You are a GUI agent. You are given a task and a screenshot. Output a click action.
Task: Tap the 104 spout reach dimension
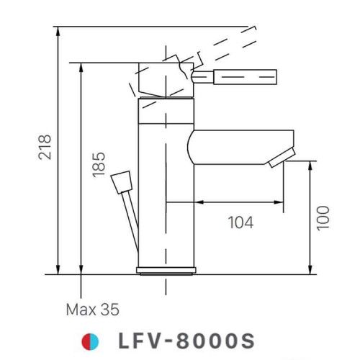click(x=240, y=222)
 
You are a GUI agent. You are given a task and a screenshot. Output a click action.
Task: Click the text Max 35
click(x=93, y=310)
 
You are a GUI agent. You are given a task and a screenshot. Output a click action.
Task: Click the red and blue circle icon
click(x=89, y=339)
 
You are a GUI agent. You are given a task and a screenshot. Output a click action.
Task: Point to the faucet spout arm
click(x=238, y=144)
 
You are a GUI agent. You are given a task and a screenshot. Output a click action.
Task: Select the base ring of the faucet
click(x=167, y=270)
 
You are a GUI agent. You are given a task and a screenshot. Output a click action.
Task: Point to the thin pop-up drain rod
click(x=130, y=223)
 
